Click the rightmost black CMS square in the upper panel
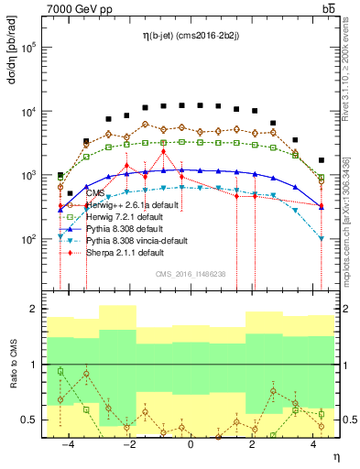tap(321, 160)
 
